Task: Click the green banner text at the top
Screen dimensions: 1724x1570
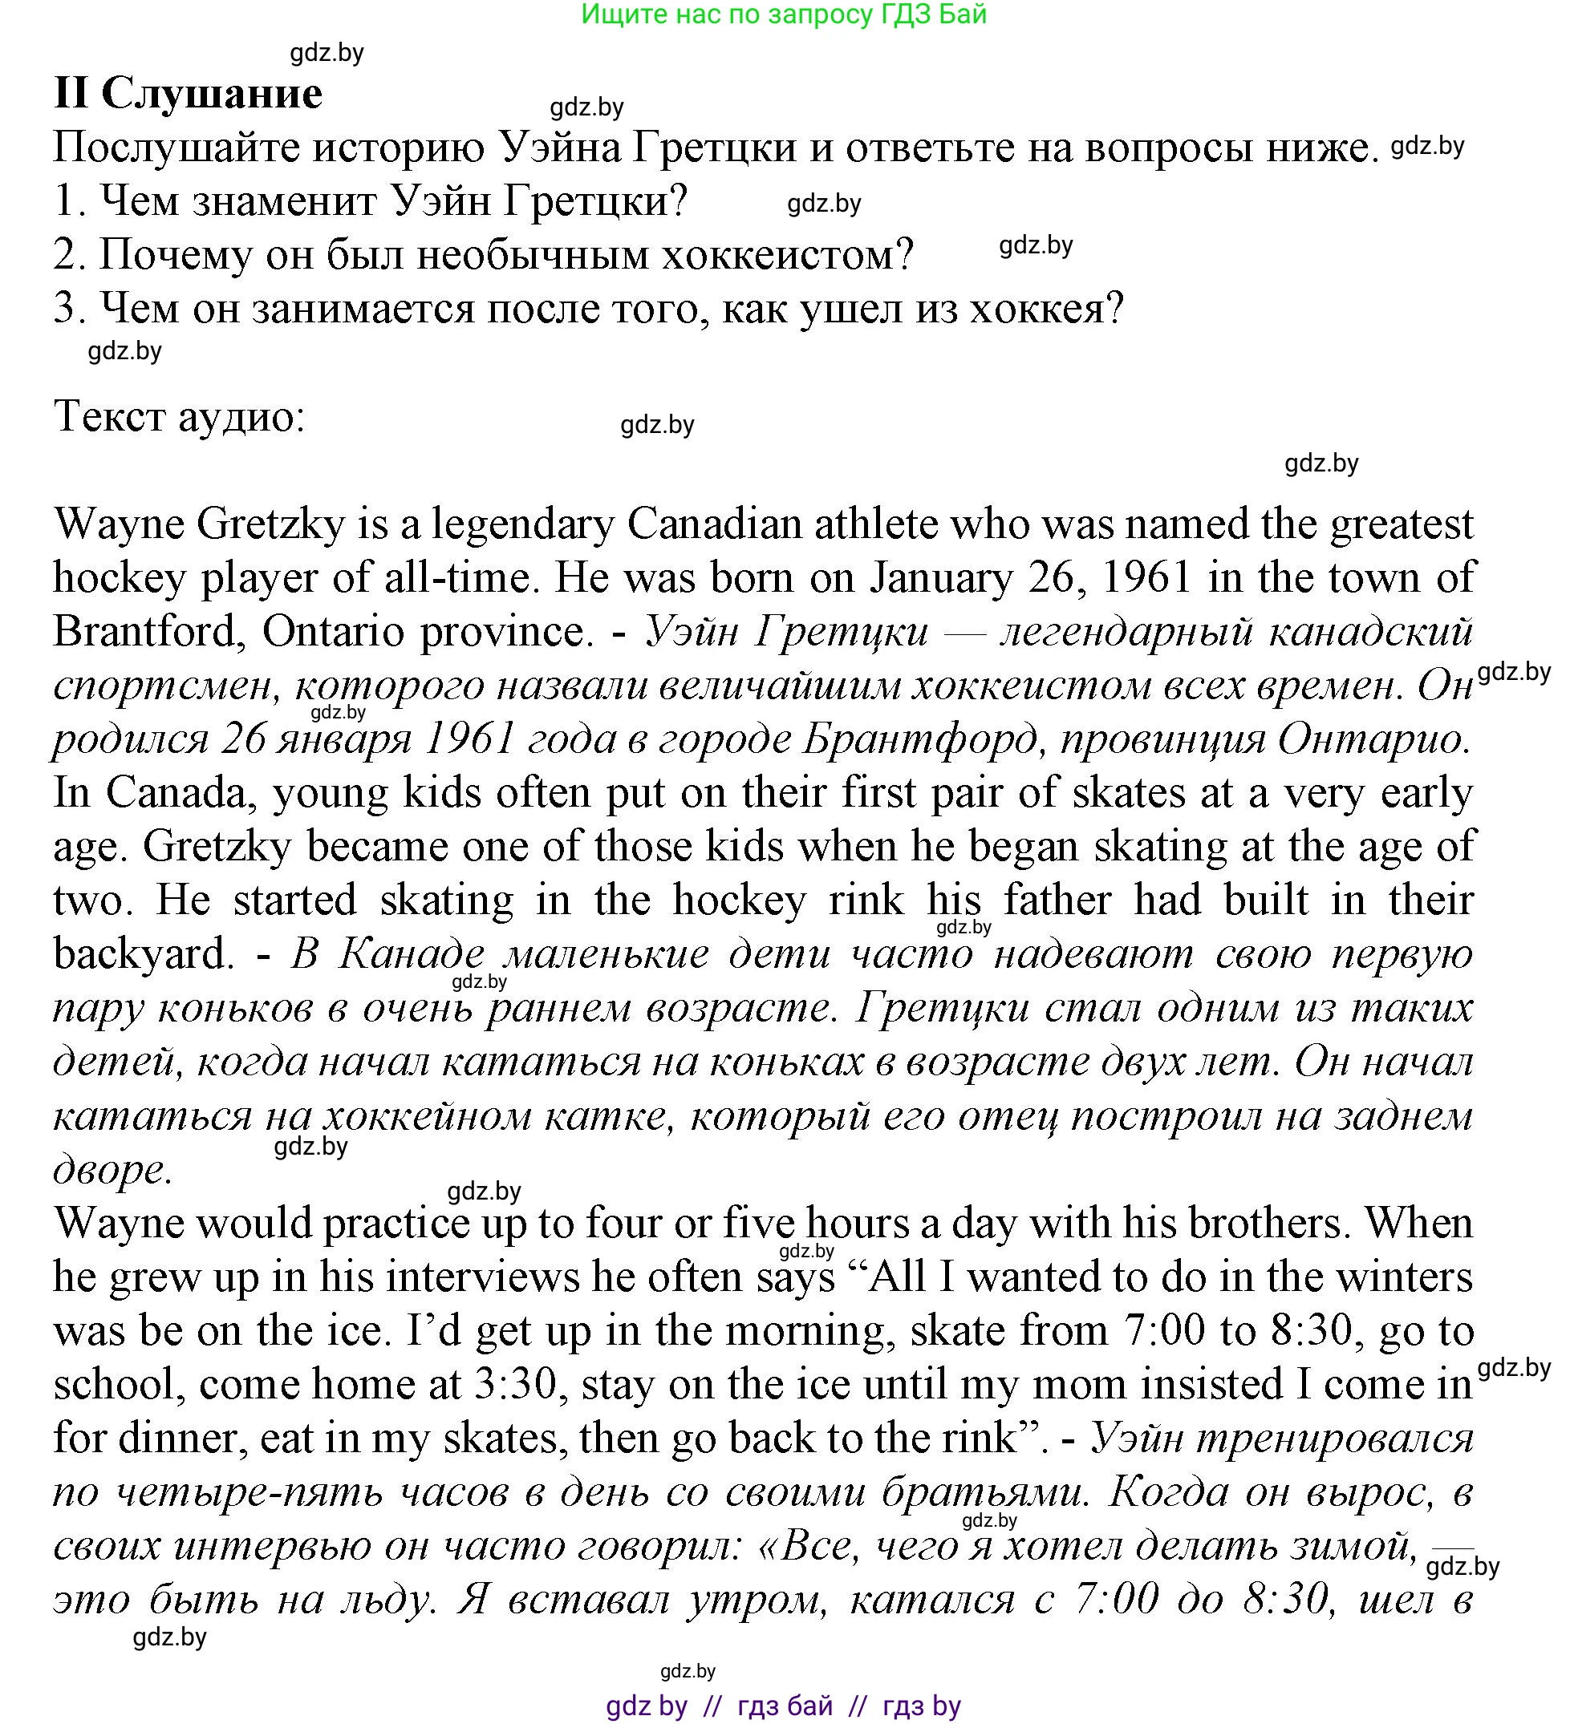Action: click(783, 14)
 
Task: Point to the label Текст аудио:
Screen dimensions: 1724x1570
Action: click(179, 417)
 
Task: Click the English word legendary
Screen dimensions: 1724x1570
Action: click(523, 524)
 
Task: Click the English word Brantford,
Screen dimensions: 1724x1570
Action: click(151, 632)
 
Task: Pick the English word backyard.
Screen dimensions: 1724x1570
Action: click(143, 954)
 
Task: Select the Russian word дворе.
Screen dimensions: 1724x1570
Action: click(112, 1170)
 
